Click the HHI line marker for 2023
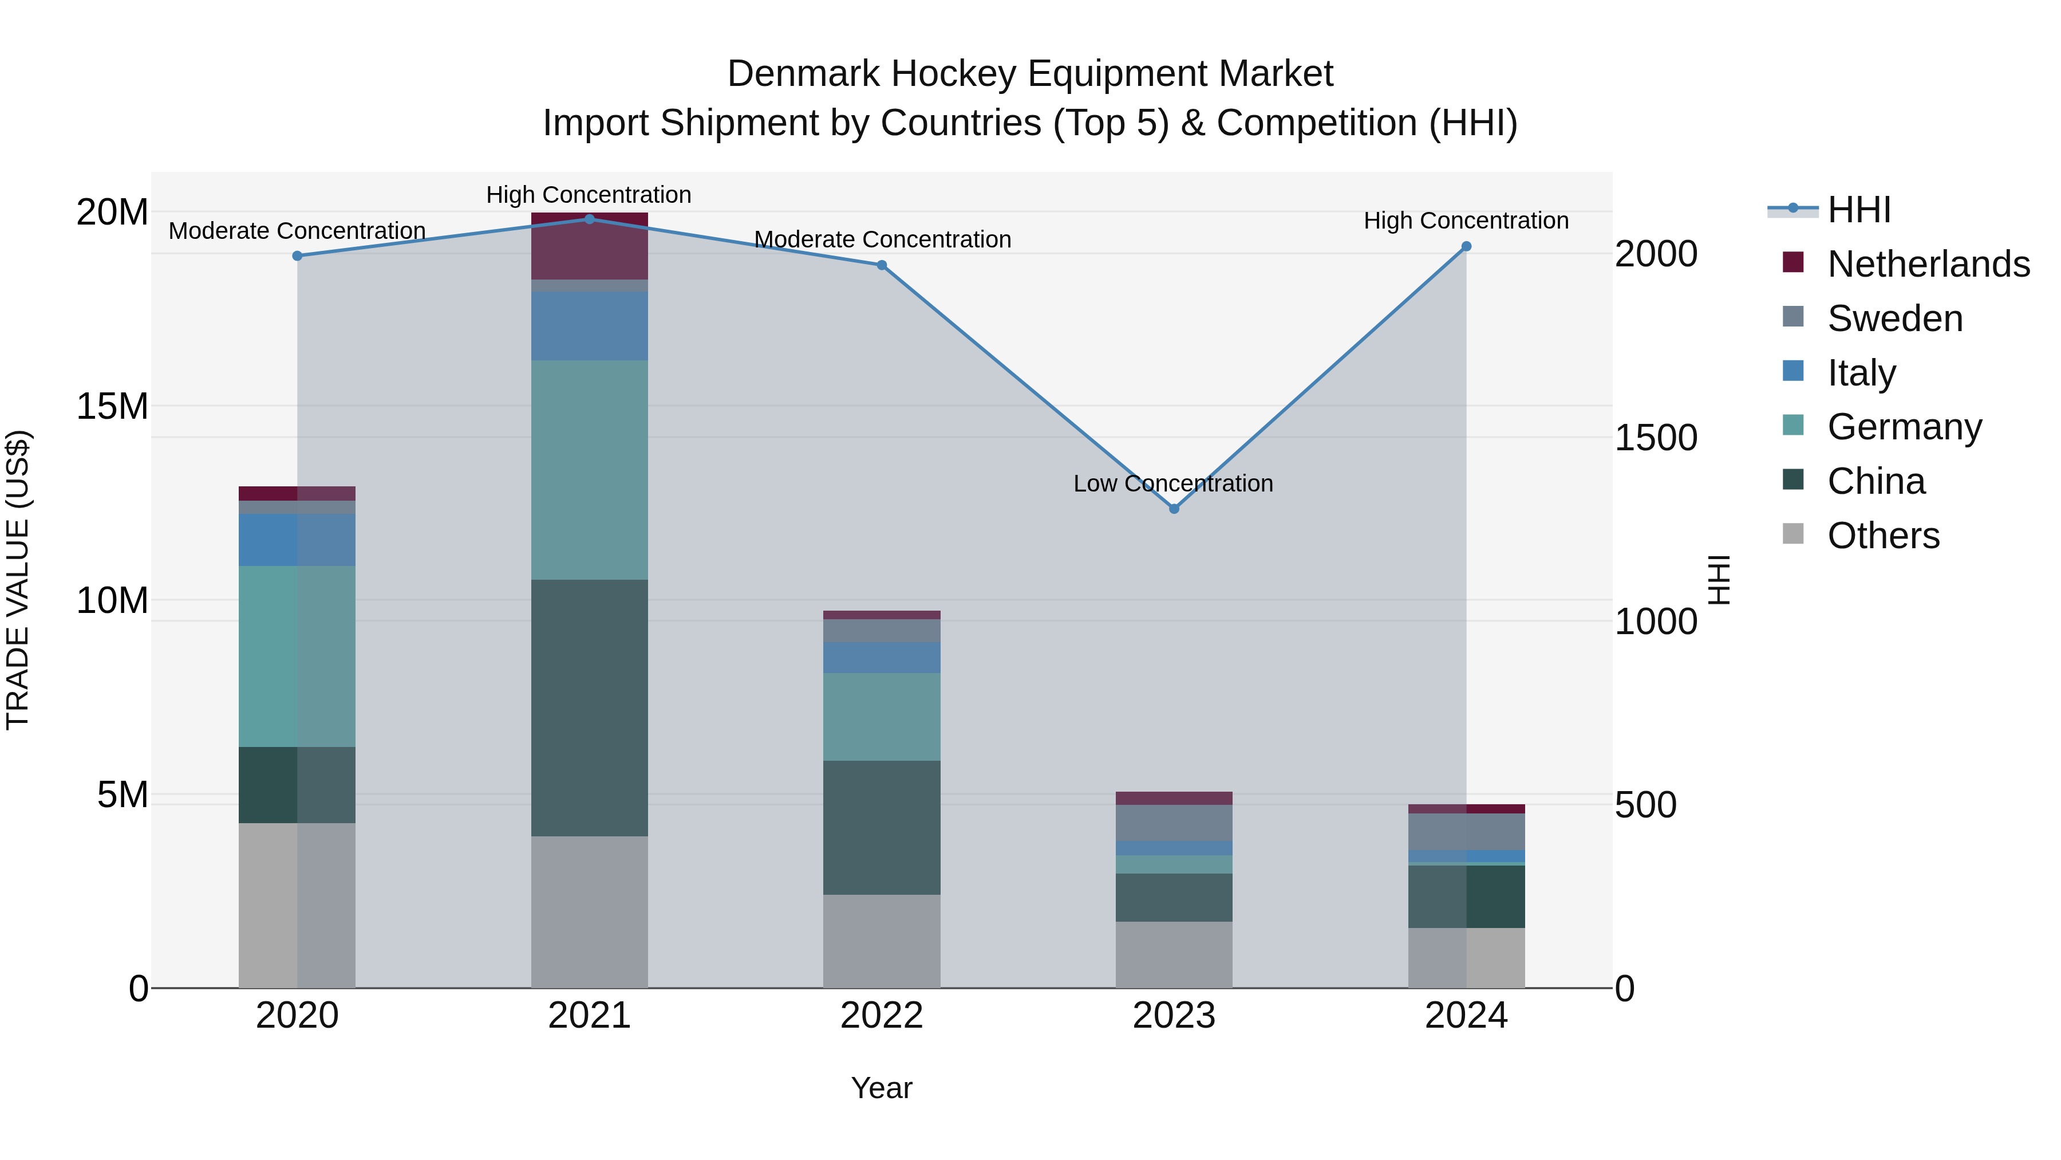click(1174, 508)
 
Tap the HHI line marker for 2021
click(590, 219)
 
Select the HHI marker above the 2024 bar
click(1466, 246)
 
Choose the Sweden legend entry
click(1894, 318)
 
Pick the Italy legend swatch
click(1794, 371)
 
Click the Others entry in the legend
click(1884, 536)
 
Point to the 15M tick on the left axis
click(112, 407)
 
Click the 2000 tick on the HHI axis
click(1655, 254)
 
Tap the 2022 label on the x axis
click(882, 1016)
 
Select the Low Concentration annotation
click(1173, 483)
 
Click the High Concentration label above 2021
click(589, 195)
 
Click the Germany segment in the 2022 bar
click(882, 717)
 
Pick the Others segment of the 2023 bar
click(1174, 954)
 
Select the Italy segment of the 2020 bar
click(297, 540)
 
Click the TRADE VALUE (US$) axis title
click(18, 580)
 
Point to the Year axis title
click(882, 1088)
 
